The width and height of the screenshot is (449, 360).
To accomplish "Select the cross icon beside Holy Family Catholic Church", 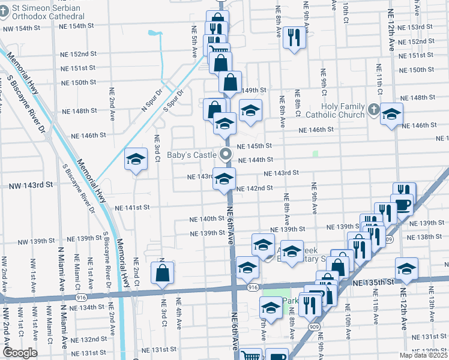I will point(374,110).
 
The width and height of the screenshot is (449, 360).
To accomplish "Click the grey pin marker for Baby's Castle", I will point(226,154).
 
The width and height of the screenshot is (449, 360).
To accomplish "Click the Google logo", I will point(20,352).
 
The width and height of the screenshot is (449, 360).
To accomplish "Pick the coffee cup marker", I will point(401,205).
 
